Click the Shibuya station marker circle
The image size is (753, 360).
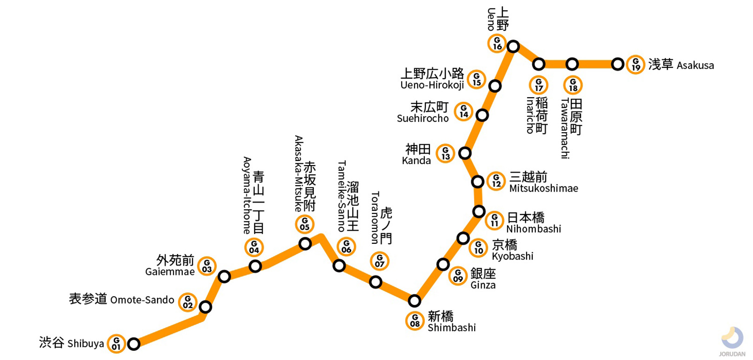[x=134, y=344]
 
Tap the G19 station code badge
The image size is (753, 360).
[x=635, y=65]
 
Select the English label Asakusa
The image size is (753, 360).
[x=695, y=66]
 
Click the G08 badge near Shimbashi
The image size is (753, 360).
[x=415, y=320]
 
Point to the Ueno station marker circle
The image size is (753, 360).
[x=513, y=47]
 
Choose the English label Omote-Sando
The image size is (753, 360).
[x=142, y=300]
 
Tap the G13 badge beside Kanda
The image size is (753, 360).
[x=445, y=153]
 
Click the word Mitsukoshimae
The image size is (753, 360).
[x=543, y=188]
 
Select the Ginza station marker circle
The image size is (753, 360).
[x=443, y=265]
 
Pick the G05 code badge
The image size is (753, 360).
[x=305, y=225]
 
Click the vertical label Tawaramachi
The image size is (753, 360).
[x=565, y=128]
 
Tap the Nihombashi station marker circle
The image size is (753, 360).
[x=479, y=212]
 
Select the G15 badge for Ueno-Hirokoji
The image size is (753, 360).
[x=476, y=80]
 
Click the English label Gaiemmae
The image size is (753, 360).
[x=170, y=272]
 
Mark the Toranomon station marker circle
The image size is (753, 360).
[x=376, y=282]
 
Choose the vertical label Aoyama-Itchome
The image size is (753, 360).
[x=247, y=195]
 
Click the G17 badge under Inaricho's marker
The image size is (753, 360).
[x=539, y=85]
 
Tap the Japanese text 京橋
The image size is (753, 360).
[x=504, y=245]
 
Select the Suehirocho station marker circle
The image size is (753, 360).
[x=482, y=115]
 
